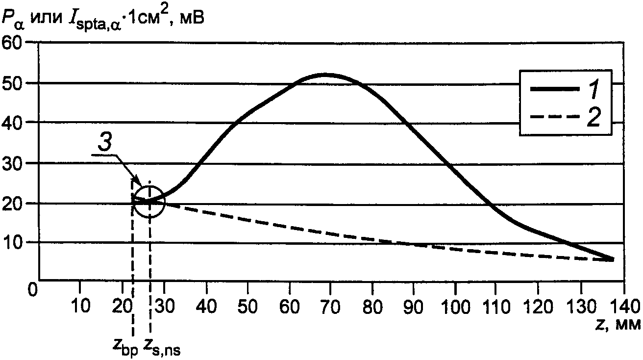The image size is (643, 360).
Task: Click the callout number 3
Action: coord(104,142)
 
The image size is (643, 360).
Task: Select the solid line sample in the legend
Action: coord(554,89)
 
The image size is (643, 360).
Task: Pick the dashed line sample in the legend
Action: coord(554,117)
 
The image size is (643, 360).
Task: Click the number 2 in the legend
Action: coord(594,118)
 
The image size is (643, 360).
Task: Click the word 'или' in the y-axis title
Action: coord(46,18)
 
